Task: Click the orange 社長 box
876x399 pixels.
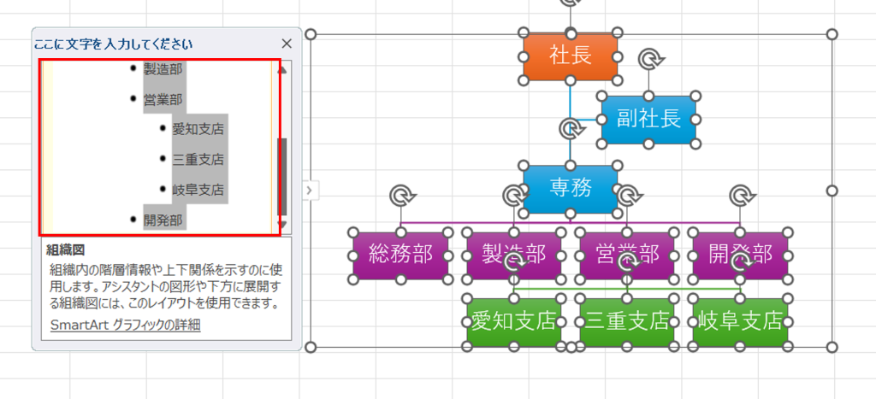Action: pyautogui.click(x=570, y=57)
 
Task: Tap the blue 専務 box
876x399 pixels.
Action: pyautogui.click(x=570, y=188)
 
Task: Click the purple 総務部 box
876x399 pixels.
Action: pyautogui.click(x=400, y=255)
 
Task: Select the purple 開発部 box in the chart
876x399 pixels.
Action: pyautogui.click(x=740, y=254)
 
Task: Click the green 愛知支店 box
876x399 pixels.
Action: pyautogui.click(x=513, y=321)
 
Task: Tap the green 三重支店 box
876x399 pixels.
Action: pyautogui.click(x=627, y=321)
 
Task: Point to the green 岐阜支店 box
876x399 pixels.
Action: pyautogui.click(x=740, y=321)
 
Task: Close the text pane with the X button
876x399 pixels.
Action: pyautogui.click(x=287, y=44)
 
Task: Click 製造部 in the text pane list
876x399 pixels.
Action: pyautogui.click(x=163, y=69)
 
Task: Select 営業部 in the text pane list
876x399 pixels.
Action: pyautogui.click(x=163, y=99)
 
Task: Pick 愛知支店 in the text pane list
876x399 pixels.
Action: pyautogui.click(x=198, y=129)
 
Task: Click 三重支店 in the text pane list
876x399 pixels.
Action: pyautogui.click(x=198, y=159)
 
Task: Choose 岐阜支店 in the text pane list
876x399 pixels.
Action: pyautogui.click(x=198, y=189)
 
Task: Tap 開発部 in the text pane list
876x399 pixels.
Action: pyautogui.click(x=163, y=220)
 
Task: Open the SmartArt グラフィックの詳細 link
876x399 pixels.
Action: pyautogui.click(x=125, y=325)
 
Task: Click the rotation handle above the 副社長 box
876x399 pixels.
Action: pyautogui.click(x=651, y=59)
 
